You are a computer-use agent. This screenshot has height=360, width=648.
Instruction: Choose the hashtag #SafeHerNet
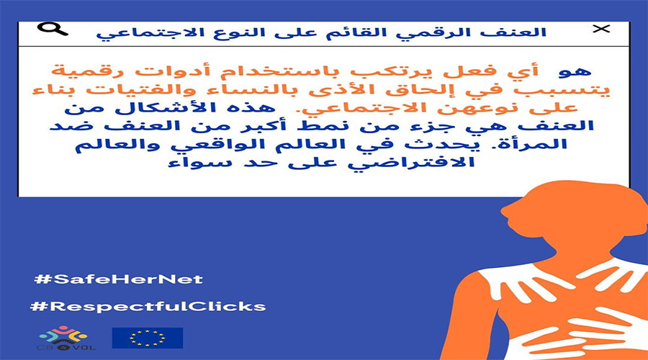point(118,278)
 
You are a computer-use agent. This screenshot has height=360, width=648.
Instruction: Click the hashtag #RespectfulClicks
point(148,306)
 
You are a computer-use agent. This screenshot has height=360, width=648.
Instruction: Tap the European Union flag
point(147,338)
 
